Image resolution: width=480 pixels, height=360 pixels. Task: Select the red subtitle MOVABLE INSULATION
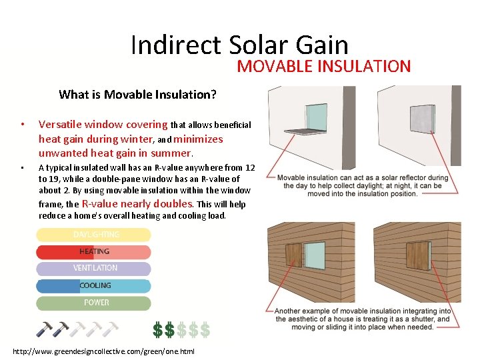pos(323,67)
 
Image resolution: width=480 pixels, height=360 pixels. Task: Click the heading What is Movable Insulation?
pos(137,95)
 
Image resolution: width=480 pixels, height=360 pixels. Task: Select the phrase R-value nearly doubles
pos(137,204)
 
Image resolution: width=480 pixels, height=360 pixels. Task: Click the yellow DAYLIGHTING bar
pos(94,235)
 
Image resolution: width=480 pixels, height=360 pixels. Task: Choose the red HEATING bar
pos(94,251)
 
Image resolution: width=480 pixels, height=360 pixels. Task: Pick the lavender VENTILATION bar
pos(94,268)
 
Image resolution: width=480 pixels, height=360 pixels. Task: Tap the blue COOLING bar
pos(94,285)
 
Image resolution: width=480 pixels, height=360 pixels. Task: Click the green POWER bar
pos(94,303)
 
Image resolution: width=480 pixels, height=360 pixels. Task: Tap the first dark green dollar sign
pos(157,329)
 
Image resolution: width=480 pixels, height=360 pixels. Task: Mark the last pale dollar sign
pos(205,329)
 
